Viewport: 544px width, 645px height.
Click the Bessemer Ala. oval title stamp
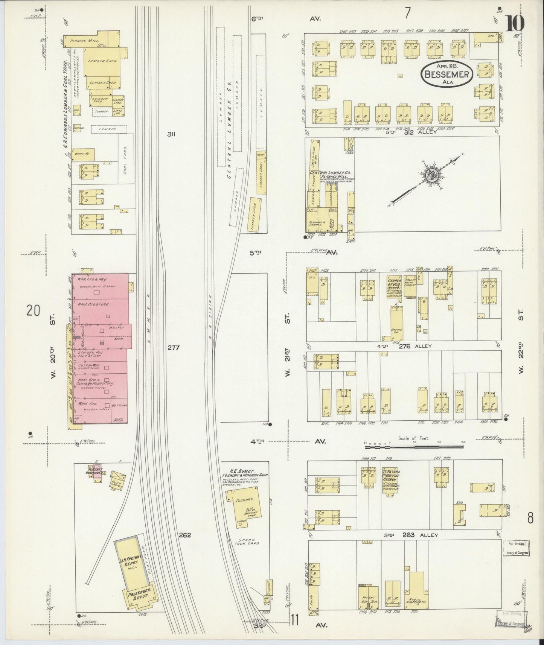point(446,74)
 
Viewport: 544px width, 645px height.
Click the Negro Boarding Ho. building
point(416,593)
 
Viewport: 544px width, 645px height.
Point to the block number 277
point(174,347)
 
